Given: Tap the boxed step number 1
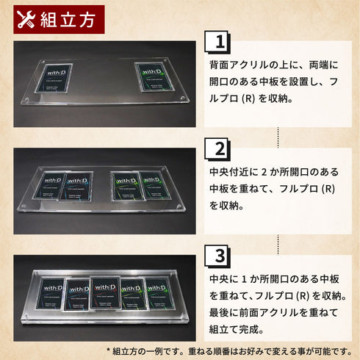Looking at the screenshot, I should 217,43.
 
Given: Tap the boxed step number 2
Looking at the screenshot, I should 217,150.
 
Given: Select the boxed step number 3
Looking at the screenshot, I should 217,256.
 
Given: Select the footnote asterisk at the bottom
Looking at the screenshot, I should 109,350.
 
